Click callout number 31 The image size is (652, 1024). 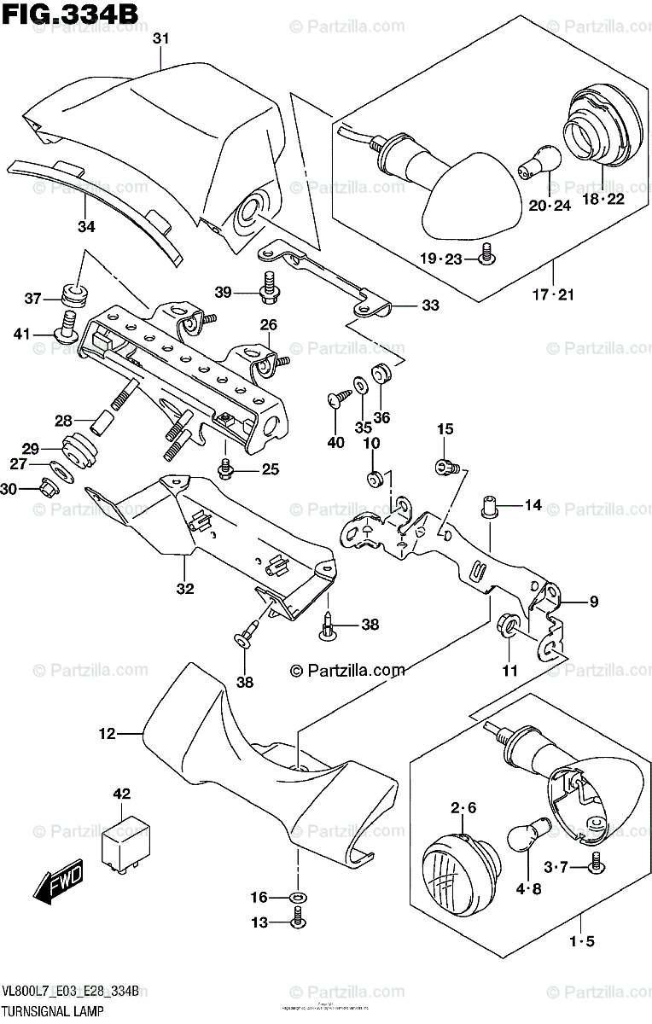click(x=162, y=38)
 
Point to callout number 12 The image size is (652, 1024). click(x=106, y=732)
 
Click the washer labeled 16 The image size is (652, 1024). click(x=298, y=897)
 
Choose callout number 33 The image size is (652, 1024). click(x=430, y=306)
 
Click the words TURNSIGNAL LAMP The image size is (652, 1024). click(x=53, y=1011)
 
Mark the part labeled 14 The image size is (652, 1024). click(x=491, y=507)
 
